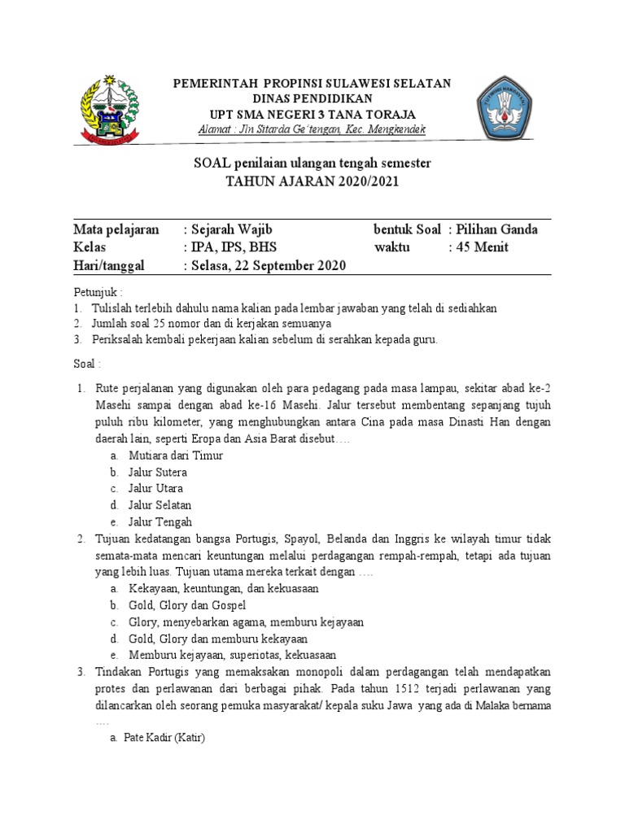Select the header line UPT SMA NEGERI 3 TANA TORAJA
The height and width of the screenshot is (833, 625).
[x=312, y=114]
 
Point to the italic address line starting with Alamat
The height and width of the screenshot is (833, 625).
[x=312, y=130]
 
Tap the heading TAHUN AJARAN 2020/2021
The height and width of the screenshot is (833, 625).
[x=312, y=181]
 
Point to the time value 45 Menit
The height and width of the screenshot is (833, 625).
[x=482, y=247]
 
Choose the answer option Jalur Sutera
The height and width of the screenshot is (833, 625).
[x=157, y=472]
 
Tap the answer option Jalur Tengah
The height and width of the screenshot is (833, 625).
[x=160, y=522]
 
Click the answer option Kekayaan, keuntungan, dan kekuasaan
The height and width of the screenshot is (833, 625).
[x=223, y=588]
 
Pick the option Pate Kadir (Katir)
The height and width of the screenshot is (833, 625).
[x=164, y=738]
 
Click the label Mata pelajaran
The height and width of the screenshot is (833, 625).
[x=116, y=229]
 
